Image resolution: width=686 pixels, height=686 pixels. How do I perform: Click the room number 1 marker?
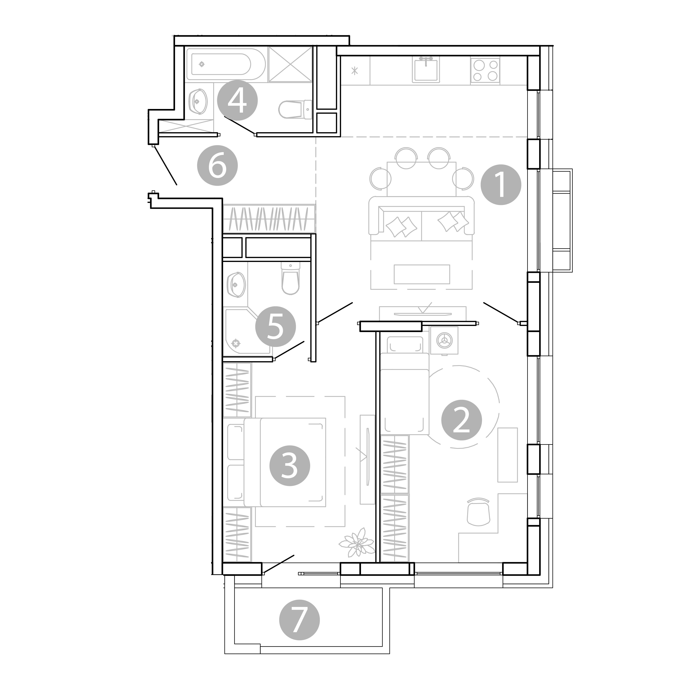click(501, 185)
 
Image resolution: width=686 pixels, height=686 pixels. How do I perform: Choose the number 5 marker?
click(275, 326)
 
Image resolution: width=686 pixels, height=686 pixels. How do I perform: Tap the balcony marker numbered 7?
click(299, 620)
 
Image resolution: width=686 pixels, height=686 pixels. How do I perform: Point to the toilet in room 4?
click(295, 109)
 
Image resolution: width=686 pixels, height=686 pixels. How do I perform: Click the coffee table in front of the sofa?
click(422, 274)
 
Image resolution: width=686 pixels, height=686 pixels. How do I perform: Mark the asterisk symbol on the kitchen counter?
click(354, 71)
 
